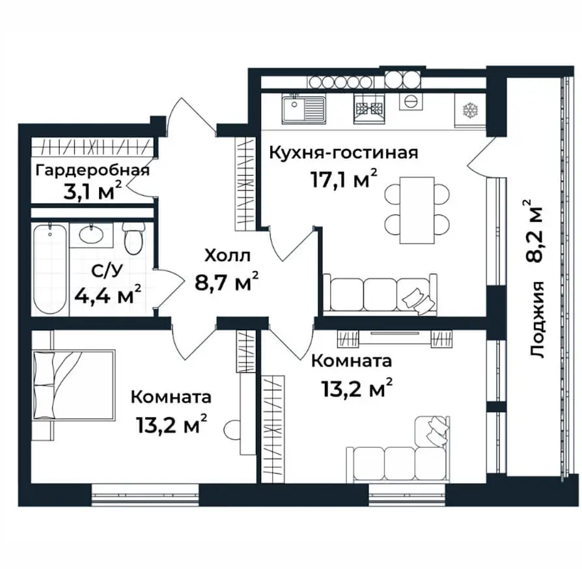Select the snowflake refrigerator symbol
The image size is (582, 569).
tap(470, 110)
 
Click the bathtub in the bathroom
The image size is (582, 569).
tap(49, 270)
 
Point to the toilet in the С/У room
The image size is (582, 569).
tap(133, 238)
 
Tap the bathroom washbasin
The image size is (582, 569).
tap(91, 235)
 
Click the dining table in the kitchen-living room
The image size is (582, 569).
tap(417, 210)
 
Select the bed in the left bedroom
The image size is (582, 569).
tap(74, 385)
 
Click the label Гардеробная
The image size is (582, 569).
tap(92, 171)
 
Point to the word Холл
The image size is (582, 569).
tap(228, 256)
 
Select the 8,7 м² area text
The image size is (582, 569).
tap(227, 282)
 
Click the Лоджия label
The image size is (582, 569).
tap(537, 320)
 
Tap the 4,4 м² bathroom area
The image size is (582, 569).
tap(108, 294)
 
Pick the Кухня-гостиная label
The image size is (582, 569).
tap(343, 152)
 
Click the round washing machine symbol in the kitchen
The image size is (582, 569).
tap(411, 101)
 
